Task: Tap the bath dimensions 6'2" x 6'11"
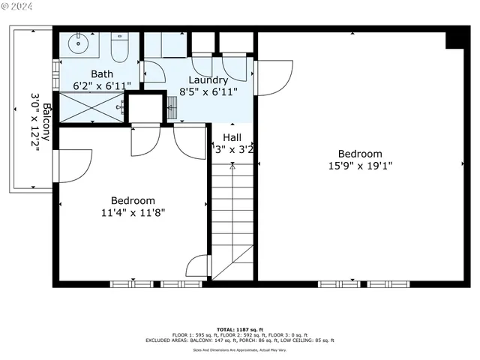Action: pyautogui.click(x=101, y=85)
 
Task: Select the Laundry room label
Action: pyautogui.click(x=208, y=80)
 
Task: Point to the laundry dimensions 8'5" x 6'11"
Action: pyautogui.click(x=208, y=91)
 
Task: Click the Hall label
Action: pyautogui.click(x=232, y=137)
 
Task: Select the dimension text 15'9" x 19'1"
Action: pyautogui.click(x=359, y=166)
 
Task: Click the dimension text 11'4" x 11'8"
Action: pyautogui.click(x=133, y=212)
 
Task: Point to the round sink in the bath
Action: pyautogui.click(x=78, y=43)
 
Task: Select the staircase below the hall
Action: pyautogui.click(x=232, y=217)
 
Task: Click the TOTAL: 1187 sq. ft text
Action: pyautogui.click(x=239, y=329)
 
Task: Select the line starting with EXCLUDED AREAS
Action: pyautogui.click(x=239, y=340)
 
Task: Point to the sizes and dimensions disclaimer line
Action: pyautogui.click(x=239, y=349)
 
